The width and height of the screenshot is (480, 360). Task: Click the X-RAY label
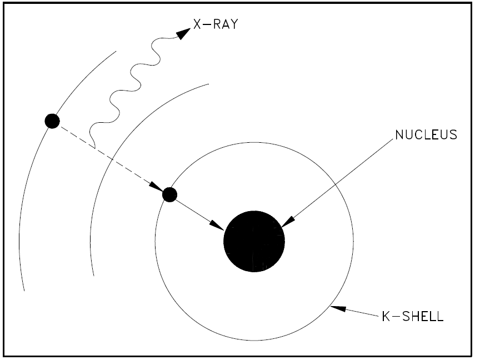(x=216, y=24)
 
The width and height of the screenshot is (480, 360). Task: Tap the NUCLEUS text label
(x=426, y=135)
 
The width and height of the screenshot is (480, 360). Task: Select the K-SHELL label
(x=413, y=316)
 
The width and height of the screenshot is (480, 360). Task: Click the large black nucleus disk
(x=254, y=241)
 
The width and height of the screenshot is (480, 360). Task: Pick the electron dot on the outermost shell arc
(x=52, y=121)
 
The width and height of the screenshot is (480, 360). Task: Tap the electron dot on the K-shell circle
(x=169, y=194)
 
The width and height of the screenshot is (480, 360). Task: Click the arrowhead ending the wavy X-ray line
(x=184, y=33)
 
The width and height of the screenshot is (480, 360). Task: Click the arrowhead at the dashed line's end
(x=157, y=187)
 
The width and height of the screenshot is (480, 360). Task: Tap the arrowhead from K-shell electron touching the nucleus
(x=217, y=225)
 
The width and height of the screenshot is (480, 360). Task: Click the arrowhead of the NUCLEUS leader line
(x=288, y=222)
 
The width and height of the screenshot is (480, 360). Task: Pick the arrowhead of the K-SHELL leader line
(x=338, y=308)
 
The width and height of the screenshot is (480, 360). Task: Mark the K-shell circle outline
(x=353, y=241)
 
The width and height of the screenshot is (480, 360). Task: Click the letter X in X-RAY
(x=197, y=24)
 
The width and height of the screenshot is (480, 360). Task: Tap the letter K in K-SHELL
(x=386, y=316)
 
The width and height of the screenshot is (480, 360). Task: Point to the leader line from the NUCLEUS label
(x=337, y=183)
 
